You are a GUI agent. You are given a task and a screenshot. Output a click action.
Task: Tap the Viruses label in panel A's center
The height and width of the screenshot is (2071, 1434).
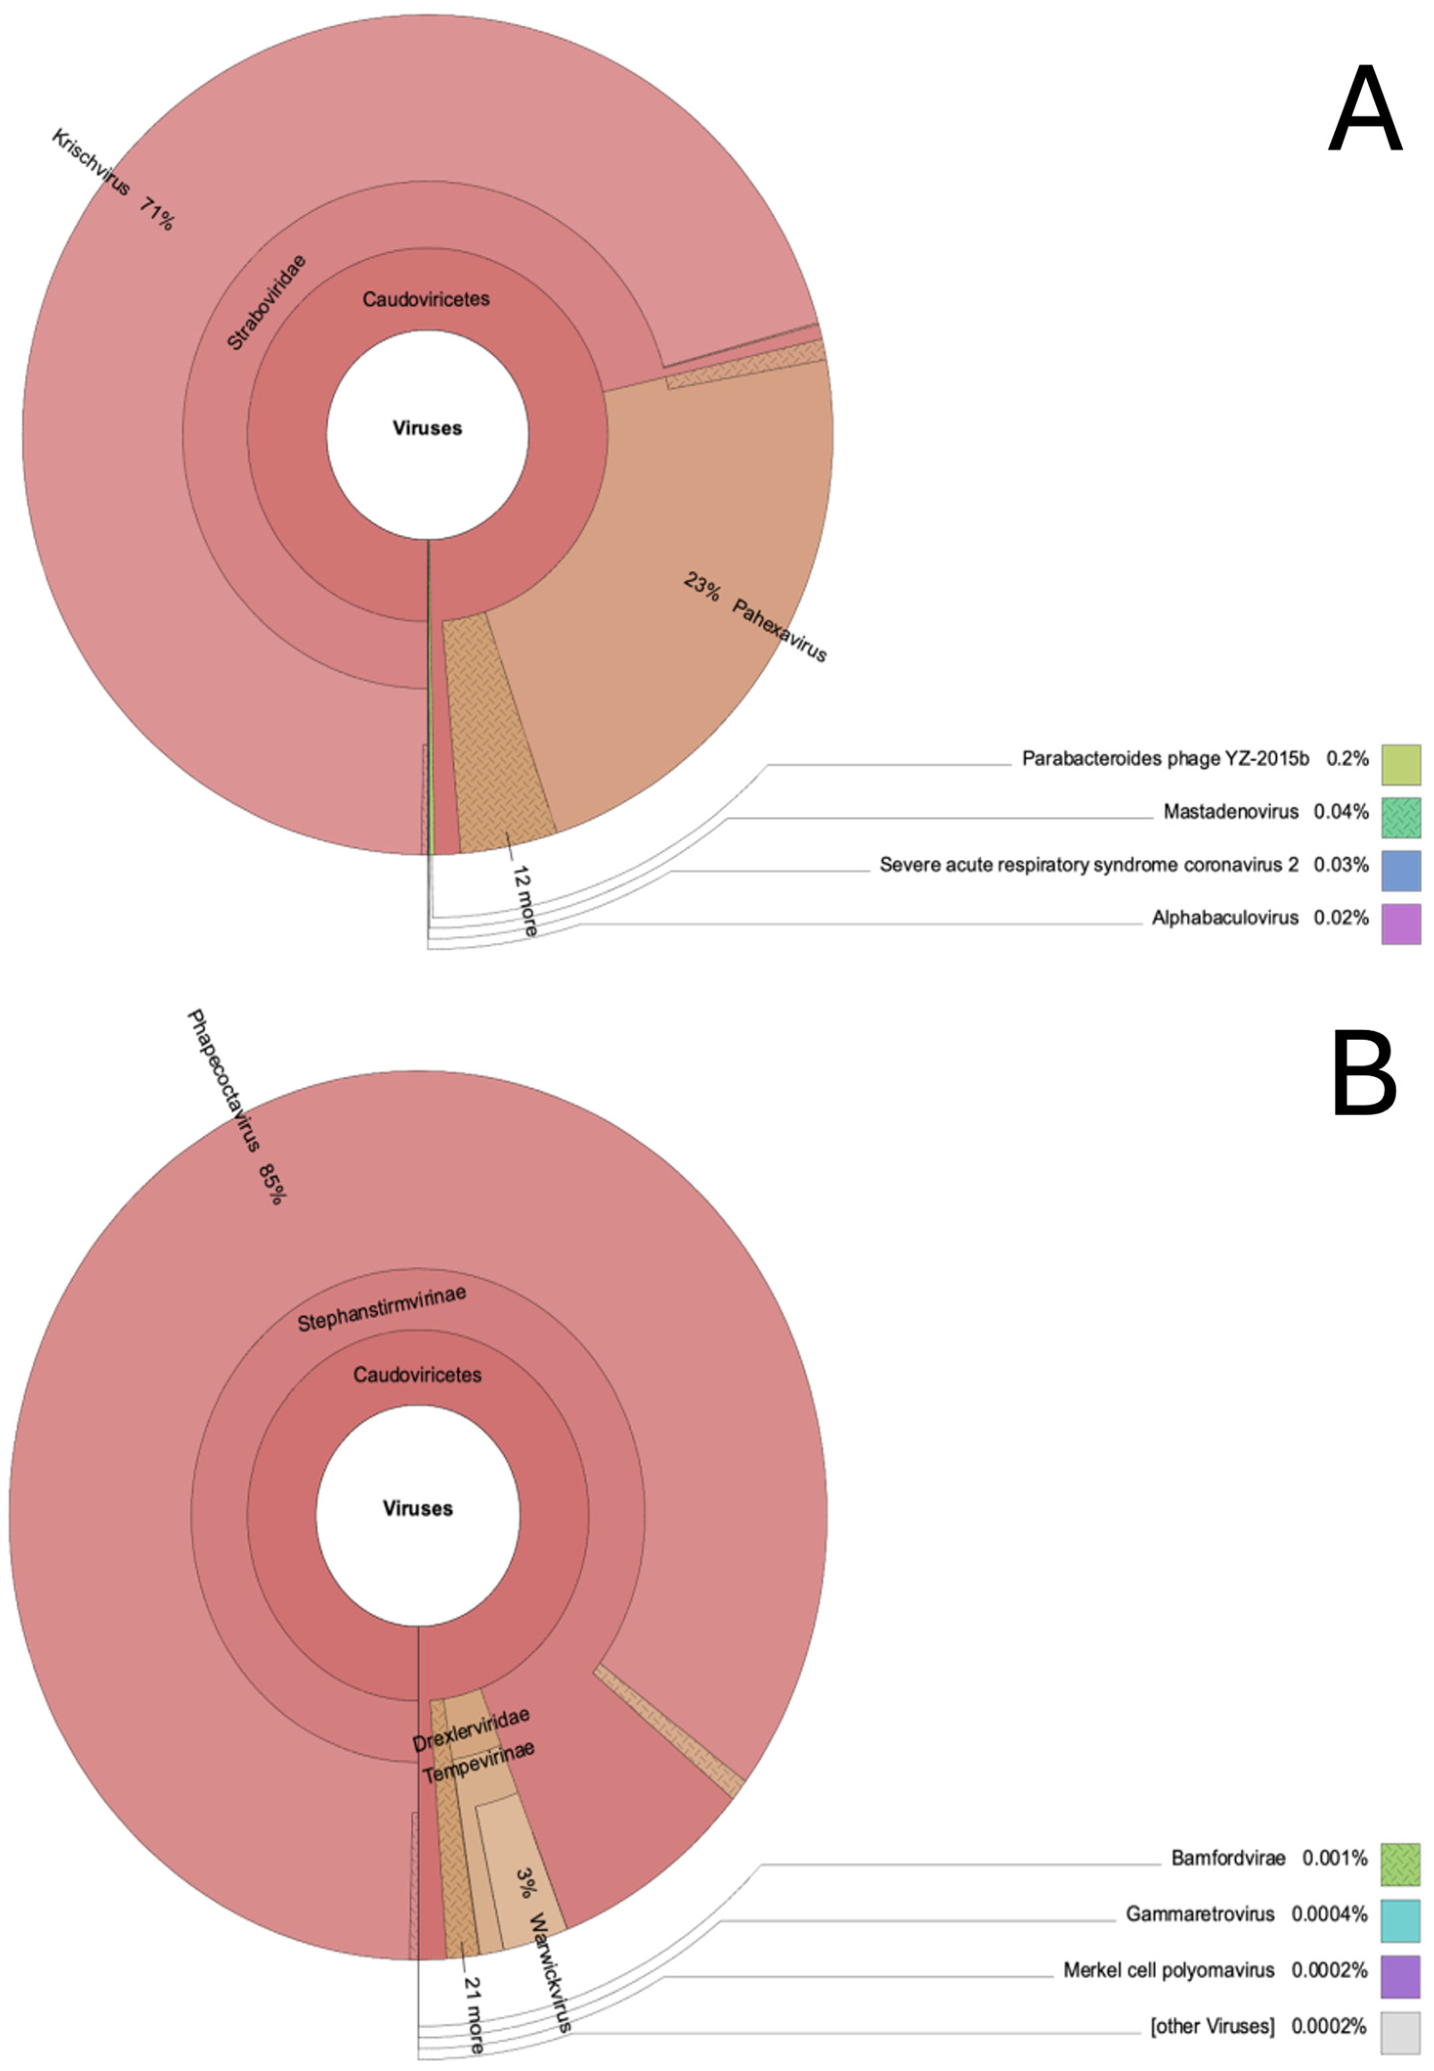pos(428,428)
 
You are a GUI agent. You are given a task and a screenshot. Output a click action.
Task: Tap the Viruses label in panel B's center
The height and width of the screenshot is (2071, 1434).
pos(418,1509)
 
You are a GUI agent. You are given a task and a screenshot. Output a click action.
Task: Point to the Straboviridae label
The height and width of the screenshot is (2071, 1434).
pos(266,302)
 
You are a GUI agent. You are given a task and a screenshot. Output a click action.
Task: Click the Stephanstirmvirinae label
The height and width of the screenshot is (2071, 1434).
pos(382,1308)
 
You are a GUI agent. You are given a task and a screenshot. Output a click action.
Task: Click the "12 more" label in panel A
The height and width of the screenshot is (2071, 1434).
pos(524,900)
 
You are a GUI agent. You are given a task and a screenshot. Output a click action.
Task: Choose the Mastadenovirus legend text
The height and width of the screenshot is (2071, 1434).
pos(1230,812)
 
